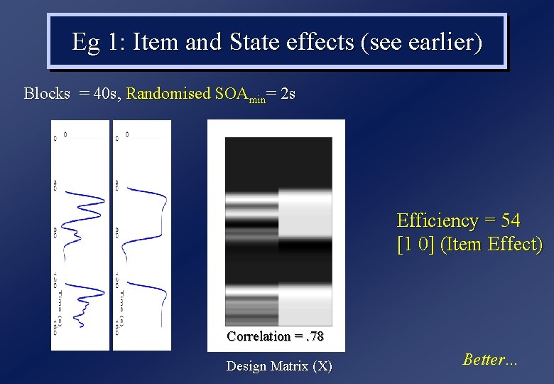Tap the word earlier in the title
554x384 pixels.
coord(439,43)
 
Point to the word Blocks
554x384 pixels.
coord(47,93)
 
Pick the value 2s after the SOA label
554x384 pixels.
coord(288,93)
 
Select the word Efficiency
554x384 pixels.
coord(438,220)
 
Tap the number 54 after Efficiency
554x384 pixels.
coord(510,220)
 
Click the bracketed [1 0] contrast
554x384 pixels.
coord(415,245)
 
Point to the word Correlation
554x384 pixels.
coord(259,336)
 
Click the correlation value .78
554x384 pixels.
coord(313,336)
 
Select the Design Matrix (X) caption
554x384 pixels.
coord(279,366)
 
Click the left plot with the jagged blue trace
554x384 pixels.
coord(80,235)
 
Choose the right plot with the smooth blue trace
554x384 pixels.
coord(142,235)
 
